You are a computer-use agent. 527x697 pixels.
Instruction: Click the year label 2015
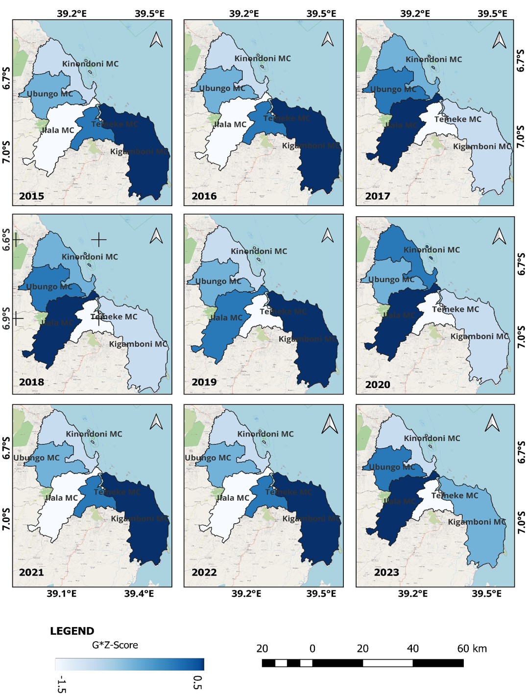31,196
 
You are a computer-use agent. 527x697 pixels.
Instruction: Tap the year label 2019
204,382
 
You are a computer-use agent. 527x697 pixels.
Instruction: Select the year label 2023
386,572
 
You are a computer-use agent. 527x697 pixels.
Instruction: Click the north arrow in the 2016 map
328,39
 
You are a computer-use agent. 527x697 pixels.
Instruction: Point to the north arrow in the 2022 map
330,424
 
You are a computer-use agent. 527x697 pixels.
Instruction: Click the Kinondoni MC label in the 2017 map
433,59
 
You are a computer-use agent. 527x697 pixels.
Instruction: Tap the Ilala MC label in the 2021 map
61,498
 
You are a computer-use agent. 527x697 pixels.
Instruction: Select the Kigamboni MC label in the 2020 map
479,336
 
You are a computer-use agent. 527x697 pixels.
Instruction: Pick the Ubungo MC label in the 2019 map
218,281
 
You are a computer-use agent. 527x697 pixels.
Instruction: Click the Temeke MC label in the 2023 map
455,495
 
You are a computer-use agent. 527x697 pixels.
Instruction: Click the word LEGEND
72,631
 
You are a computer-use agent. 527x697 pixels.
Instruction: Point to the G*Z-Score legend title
115,645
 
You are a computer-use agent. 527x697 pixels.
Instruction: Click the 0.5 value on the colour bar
197,682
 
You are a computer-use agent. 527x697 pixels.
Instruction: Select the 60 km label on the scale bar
472,649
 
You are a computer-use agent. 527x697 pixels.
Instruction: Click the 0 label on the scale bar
312,649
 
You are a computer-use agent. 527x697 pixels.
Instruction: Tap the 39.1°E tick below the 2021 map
62,594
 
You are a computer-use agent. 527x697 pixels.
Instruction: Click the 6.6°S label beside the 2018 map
6,240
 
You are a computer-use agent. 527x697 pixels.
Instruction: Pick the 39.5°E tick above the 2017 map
492,14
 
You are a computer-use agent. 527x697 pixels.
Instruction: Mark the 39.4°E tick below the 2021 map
139,594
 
